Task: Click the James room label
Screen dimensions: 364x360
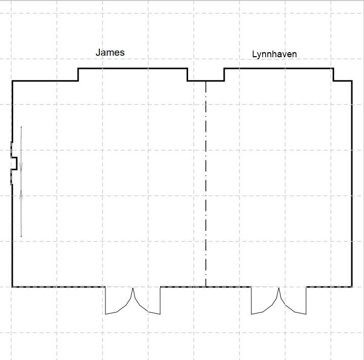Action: click(110, 52)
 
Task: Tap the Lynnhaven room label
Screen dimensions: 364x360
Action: click(274, 54)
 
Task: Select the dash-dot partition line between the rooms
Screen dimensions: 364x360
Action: click(206, 184)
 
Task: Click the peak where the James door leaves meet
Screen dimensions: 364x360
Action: click(133, 288)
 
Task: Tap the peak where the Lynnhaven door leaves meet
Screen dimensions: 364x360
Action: click(278, 288)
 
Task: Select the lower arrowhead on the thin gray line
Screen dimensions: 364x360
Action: click(21, 194)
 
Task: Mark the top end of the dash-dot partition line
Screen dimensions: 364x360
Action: click(206, 81)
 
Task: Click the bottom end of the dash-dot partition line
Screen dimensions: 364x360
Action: click(206, 287)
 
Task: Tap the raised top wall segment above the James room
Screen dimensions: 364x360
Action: click(133, 68)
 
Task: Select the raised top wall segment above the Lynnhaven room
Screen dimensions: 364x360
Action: click(278, 68)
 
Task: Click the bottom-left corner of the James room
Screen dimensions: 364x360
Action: click(12, 287)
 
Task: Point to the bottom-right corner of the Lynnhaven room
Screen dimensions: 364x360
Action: click(352, 287)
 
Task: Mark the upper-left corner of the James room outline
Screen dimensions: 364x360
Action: click(12, 81)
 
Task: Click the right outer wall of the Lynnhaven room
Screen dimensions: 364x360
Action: click(352, 184)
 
